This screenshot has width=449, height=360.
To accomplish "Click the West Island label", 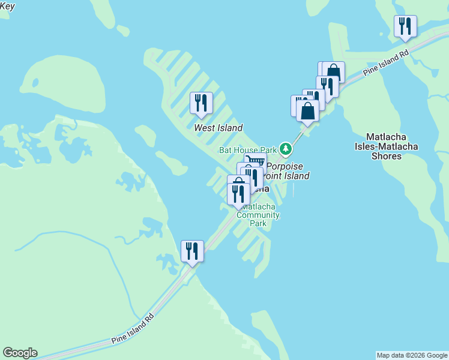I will [x=218, y=128].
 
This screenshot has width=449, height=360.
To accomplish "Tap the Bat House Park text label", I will [x=247, y=150].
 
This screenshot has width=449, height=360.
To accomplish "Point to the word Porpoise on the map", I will [x=285, y=166].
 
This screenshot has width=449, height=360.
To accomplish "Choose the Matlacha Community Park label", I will [x=258, y=215].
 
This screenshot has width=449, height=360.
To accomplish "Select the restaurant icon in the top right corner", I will [x=405, y=26].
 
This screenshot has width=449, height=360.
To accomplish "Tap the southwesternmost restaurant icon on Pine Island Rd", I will [x=192, y=251].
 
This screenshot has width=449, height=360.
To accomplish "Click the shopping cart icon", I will [x=256, y=161].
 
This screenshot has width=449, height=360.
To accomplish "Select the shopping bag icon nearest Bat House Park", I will [x=307, y=111].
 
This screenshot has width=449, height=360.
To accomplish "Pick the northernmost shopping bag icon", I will [x=334, y=72].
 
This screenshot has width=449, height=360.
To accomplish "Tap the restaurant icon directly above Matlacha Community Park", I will [x=238, y=193].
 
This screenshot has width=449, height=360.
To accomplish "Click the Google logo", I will [x=20, y=353].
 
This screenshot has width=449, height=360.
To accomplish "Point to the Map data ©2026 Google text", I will [x=412, y=355].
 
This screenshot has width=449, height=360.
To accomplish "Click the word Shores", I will [x=386, y=156].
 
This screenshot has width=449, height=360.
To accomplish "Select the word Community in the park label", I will [x=258, y=215].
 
